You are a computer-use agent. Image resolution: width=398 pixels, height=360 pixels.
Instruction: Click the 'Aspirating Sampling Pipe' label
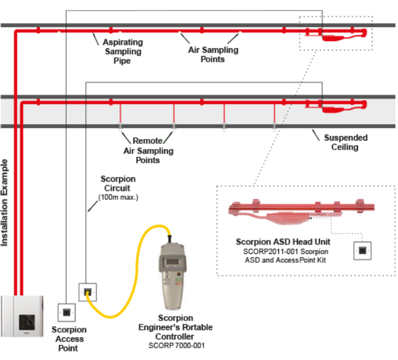(122, 51)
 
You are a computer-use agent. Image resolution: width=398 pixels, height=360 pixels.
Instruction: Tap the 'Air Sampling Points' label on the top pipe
(213, 54)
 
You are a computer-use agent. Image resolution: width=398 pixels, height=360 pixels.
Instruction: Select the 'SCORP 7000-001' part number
(175, 346)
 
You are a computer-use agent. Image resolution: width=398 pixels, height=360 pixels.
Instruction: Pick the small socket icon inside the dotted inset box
(362, 251)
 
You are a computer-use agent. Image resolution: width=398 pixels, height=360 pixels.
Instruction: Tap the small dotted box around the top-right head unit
(335, 33)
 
